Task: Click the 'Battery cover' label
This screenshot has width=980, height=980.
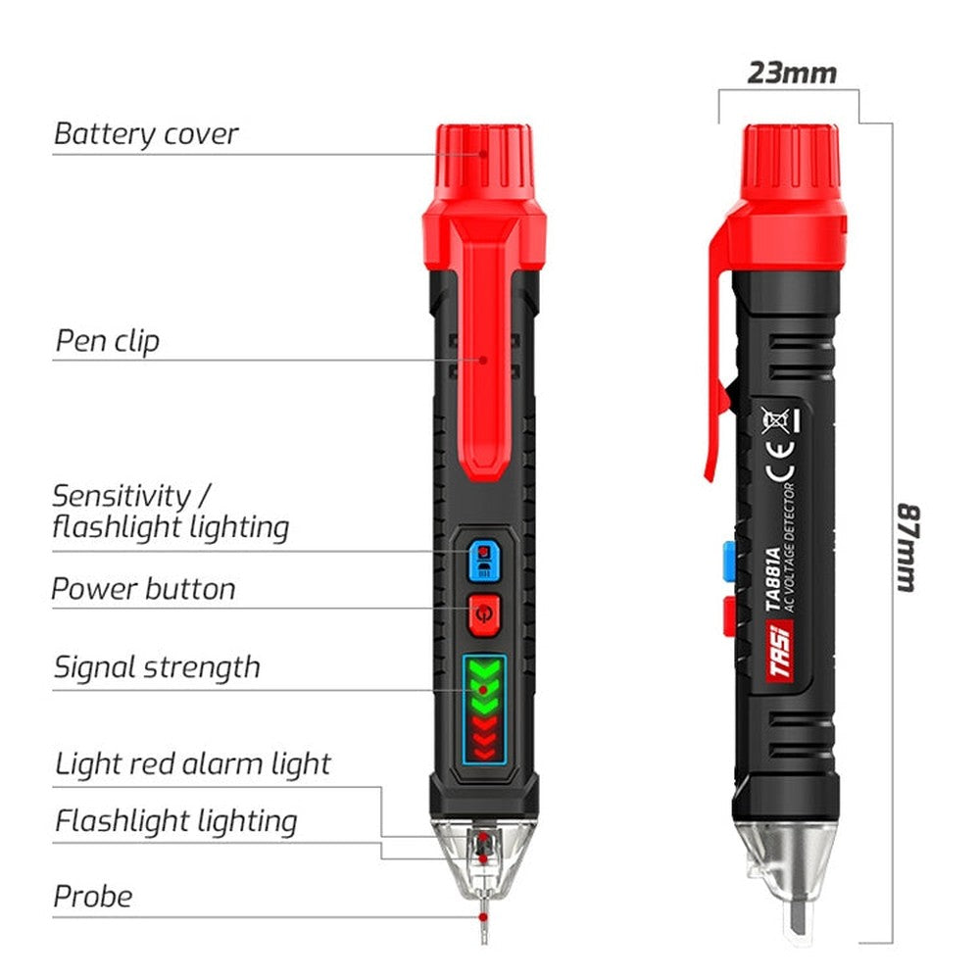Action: pyautogui.click(x=145, y=133)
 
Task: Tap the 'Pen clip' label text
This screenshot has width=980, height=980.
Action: pyautogui.click(x=106, y=342)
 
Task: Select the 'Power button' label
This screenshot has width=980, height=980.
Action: pyautogui.click(x=143, y=589)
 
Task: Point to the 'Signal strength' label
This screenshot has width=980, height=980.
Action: pyautogui.click(x=156, y=667)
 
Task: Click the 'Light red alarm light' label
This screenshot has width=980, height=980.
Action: pyautogui.click(x=192, y=763)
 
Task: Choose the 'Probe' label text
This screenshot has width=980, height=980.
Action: pyautogui.click(x=92, y=895)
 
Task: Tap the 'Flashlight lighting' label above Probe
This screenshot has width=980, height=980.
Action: pyautogui.click(x=175, y=820)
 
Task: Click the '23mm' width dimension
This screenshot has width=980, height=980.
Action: pyautogui.click(x=792, y=73)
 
